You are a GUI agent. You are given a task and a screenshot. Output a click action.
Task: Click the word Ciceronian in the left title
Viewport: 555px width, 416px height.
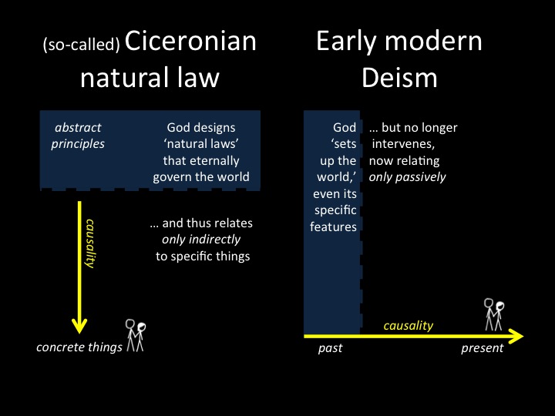click(x=190, y=42)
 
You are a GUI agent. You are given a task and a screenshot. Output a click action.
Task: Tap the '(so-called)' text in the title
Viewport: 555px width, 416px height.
click(x=81, y=45)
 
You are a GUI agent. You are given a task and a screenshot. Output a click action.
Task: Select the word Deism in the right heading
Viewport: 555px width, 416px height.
click(x=399, y=78)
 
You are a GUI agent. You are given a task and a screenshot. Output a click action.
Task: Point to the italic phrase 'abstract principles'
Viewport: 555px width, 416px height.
click(x=78, y=136)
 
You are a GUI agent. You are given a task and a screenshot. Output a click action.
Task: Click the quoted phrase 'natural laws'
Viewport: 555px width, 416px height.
click(x=200, y=143)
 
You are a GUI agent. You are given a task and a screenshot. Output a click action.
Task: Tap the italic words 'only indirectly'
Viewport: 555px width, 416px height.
click(x=201, y=240)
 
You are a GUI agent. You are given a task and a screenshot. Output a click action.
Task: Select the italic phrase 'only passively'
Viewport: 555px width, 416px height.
click(x=407, y=177)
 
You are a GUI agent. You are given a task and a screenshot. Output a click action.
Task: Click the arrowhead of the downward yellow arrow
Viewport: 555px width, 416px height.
click(x=79, y=325)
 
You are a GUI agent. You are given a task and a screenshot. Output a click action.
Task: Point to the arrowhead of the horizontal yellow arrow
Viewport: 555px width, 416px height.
click(x=516, y=336)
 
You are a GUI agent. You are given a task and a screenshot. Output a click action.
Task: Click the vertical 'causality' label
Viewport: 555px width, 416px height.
click(x=90, y=243)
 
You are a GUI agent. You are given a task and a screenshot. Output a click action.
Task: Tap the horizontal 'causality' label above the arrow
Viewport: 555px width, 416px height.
click(x=408, y=325)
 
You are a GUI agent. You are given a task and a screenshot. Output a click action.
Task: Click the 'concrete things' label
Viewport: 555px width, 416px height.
click(x=79, y=347)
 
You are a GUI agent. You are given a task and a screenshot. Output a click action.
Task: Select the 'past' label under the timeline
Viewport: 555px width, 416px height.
click(x=330, y=348)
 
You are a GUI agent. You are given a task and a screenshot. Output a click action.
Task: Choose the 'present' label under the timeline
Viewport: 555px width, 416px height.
click(x=482, y=348)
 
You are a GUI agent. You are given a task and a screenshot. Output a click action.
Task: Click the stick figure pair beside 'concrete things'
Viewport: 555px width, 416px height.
click(x=136, y=335)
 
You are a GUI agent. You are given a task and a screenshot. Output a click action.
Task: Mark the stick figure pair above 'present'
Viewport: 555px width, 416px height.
click(x=494, y=314)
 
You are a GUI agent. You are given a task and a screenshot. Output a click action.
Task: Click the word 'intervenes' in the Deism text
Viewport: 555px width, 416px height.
click(x=403, y=144)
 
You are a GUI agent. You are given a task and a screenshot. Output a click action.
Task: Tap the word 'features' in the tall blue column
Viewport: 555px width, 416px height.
click(x=333, y=226)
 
